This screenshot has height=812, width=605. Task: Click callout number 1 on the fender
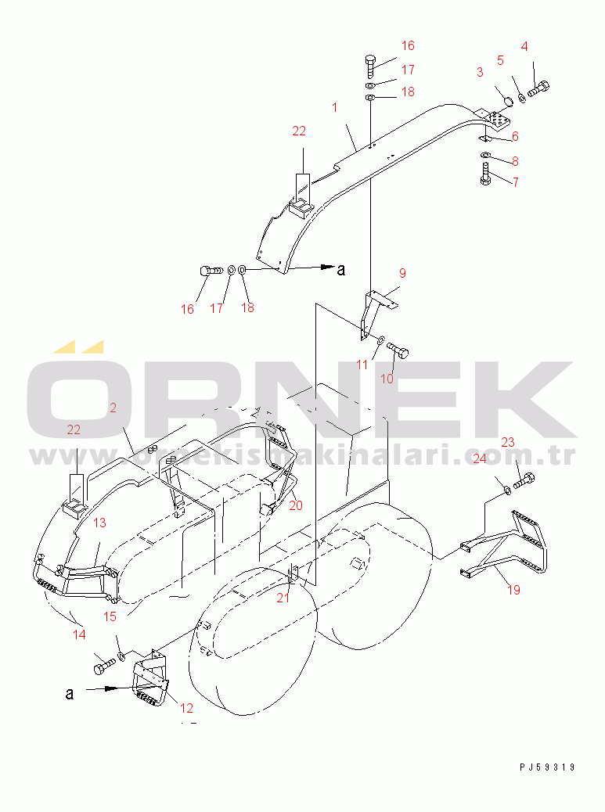(334, 107)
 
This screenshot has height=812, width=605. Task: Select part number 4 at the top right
(524, 45)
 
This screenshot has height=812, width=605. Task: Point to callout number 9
(402, 273)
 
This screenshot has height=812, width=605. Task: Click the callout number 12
(186, 709)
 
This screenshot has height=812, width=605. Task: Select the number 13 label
(99, 523)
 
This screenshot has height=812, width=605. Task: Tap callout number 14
(79, 634)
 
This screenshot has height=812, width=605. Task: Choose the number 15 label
(110, 616)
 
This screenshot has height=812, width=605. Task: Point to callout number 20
(295, 505)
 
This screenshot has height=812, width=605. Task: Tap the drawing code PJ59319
(546, 767)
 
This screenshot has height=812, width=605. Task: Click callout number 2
(113, 408)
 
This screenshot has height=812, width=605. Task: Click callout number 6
(515, 136)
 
